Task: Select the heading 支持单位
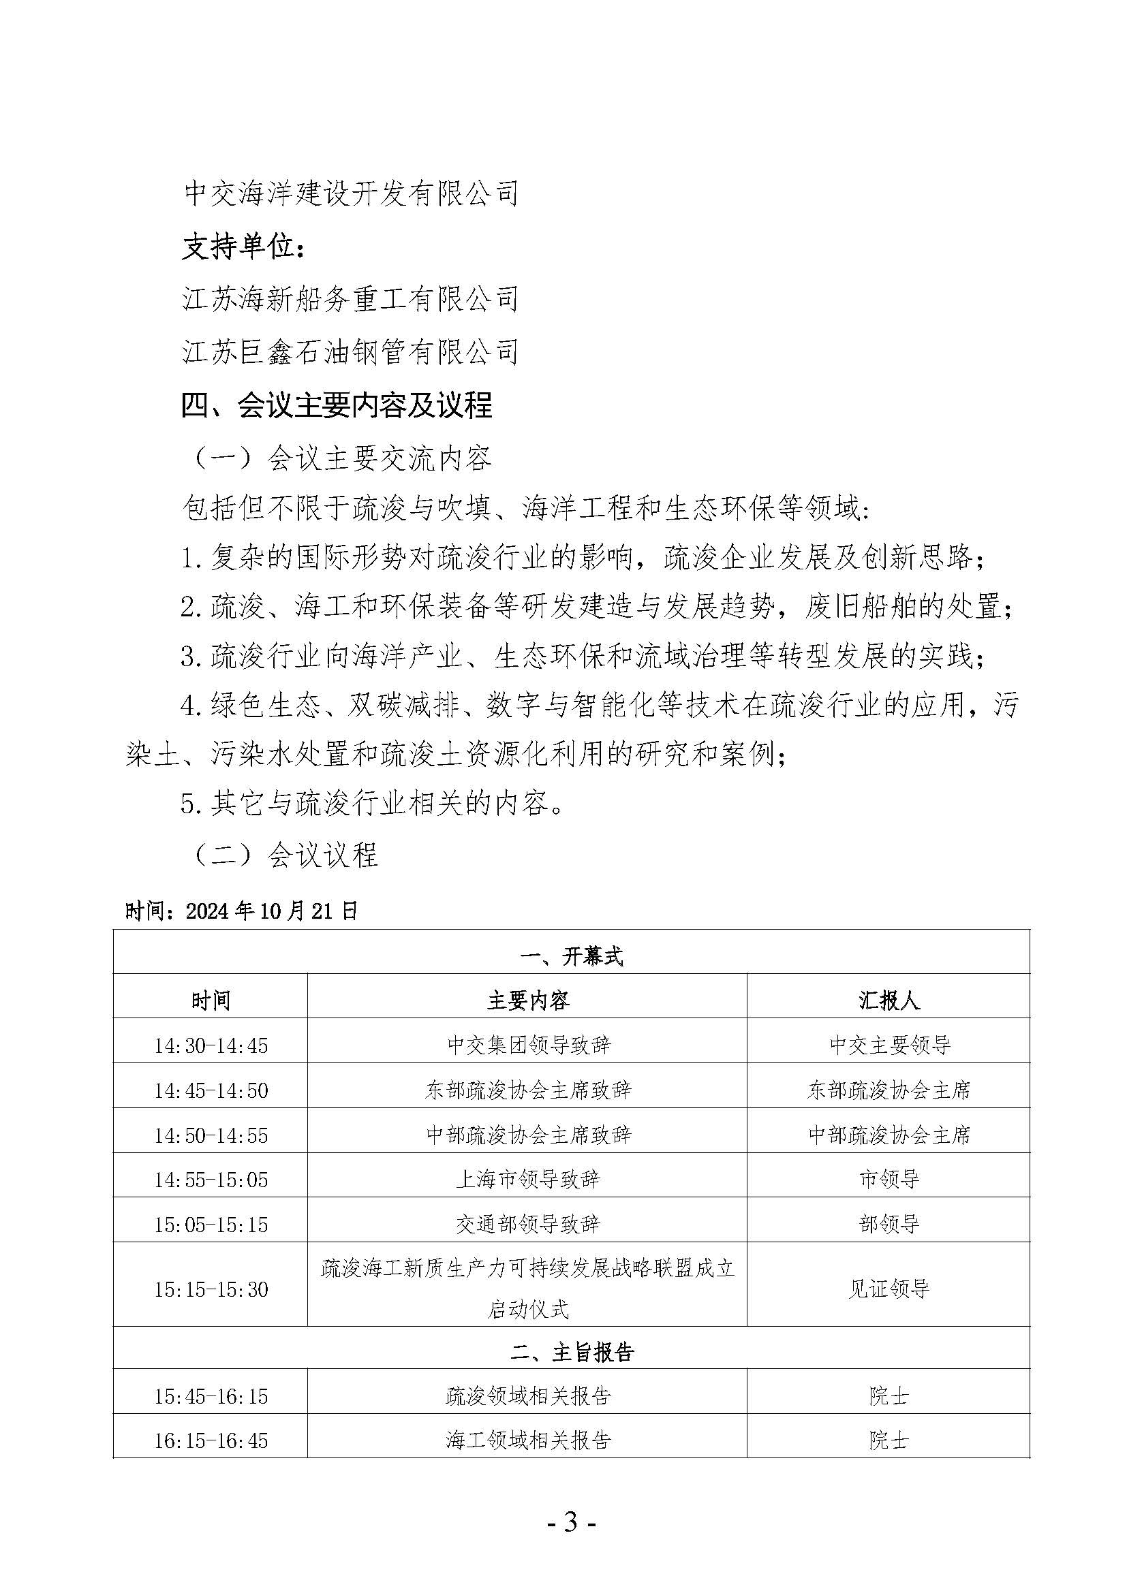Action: (x=243, y=247)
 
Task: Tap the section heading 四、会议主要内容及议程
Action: (x=337, y=405)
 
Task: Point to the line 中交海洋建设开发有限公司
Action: (x=350, y=193)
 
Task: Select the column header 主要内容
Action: (x=527, y=1000)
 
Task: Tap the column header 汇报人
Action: (x=889, y=1000)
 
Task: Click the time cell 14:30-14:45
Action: (x=211, y=1045)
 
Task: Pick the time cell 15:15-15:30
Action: (x=211, y=1289)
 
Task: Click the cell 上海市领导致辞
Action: (x=527, y=1179)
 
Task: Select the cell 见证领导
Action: (x=889, y=1289)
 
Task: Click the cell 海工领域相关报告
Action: (x=527, y=1441)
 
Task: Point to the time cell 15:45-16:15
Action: (x=211, y=1396)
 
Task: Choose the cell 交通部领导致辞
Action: (x=527, y=1224)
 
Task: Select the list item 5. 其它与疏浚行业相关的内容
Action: (x=371, y=804)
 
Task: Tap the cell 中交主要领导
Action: (x=889, y=1045)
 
